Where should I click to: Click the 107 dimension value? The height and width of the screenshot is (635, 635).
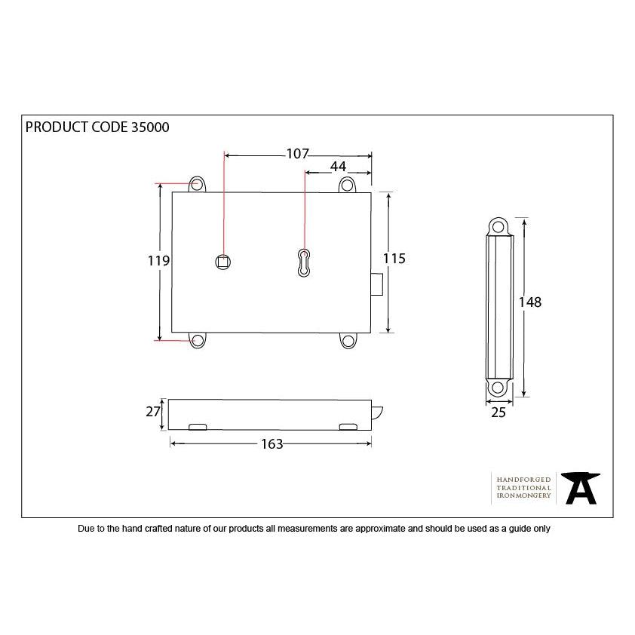297,154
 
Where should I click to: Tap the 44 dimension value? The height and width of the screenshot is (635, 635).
337,167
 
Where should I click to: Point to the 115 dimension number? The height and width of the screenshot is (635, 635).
394,259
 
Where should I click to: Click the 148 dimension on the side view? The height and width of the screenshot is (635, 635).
530,302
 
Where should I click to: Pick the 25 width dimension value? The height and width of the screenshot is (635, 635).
498,412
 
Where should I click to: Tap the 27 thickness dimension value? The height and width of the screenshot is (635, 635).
154,411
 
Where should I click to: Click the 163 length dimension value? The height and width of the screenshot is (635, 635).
271,444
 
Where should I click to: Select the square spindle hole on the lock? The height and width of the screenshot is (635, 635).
222,261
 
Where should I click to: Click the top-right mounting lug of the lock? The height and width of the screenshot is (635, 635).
347,184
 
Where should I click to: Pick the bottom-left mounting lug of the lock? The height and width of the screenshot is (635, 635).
198,341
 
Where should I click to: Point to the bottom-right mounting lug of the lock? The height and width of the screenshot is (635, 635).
348,341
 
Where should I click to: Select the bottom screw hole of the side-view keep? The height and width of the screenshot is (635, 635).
498,388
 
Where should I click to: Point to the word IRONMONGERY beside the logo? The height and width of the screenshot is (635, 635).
523,498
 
